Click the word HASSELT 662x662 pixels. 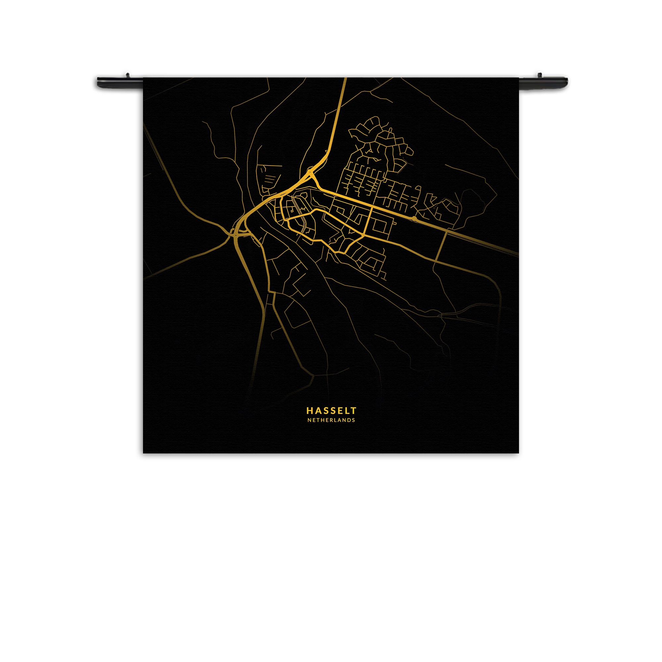point(331,410)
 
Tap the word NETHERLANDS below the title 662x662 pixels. point(331,420)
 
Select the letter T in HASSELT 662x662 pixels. point(354,410)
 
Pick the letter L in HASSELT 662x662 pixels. point(347,410)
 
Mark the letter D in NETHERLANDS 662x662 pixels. point(349,420)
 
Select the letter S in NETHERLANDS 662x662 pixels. point(353,420)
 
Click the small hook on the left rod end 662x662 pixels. point(127,74)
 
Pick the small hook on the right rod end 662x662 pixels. point(539,75)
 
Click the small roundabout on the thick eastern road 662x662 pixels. point(414,218)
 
